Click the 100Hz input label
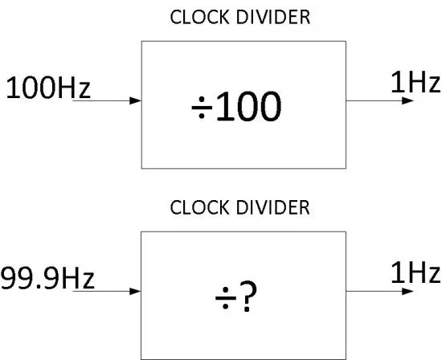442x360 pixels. point(48,88)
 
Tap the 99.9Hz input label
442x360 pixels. point(47,278)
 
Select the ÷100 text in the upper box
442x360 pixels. point(236,106)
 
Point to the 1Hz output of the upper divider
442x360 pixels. point(415,81)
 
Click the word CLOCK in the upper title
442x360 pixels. point(199,17)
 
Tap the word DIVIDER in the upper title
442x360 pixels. point(273,17)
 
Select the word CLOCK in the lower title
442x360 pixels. point(199,207)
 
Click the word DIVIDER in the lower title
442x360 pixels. point(273,207)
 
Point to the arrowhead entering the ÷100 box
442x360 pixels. point(135,100)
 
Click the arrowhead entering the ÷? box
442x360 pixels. point(135,291)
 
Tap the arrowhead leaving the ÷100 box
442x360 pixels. point(407,100)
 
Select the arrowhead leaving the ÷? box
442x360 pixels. point(407,291)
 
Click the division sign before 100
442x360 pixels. point(202,108)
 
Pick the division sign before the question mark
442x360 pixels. point(226,298)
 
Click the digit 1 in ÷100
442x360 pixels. point(225,106)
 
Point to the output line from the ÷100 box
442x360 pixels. point(379,100)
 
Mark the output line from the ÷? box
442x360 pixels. point(379,291)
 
